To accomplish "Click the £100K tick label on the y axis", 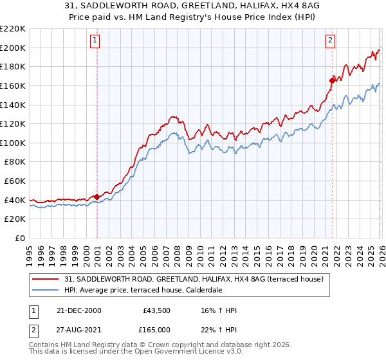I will (x=13, y=143).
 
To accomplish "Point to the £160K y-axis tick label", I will (x=13, y=85).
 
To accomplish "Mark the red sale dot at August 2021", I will (x=333, y=80).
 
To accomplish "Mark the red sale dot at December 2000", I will (x=96, y=197).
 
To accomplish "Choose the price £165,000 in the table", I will (x=156, y=330).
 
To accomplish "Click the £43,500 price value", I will (x=156, y=310).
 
